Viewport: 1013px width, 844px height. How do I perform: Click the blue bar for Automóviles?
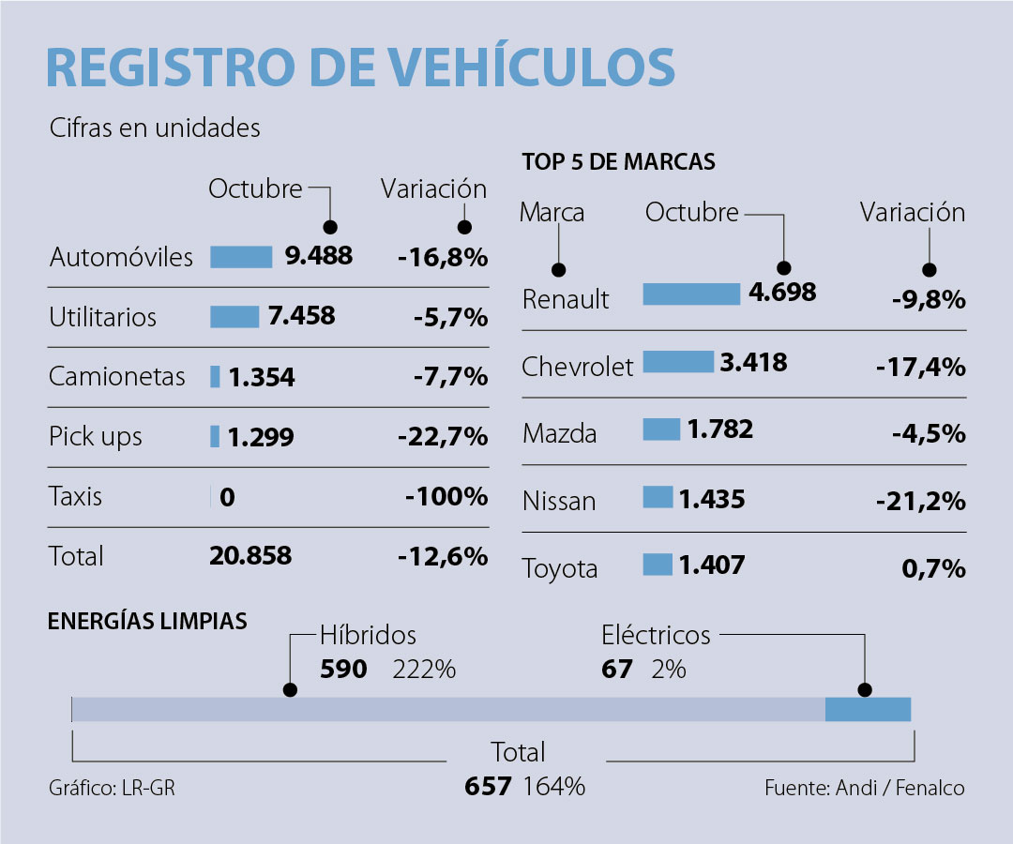point(241,257)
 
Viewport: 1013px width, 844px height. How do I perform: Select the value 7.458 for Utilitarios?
point(301,316)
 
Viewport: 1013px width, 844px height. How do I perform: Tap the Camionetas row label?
point(117,377)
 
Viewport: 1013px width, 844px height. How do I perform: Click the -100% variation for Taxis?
point(446,496)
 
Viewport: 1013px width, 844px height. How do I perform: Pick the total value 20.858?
point(249,556)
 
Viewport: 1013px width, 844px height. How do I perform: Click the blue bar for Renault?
point(691,294)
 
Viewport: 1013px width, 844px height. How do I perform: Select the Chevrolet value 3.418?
point(754,362)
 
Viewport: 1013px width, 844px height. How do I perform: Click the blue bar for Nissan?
point(658,497)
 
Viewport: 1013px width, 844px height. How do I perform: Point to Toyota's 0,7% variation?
point(935,568)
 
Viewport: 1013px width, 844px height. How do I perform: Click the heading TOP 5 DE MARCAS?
point(618,162)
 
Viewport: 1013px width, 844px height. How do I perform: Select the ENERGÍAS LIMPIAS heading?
point(148,621)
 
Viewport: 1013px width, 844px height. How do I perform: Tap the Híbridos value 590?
point(344,670)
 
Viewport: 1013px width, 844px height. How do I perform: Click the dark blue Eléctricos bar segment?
point(868,709)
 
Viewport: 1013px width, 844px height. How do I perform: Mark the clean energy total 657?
point(488,786)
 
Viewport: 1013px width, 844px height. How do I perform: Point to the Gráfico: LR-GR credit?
point(112,788)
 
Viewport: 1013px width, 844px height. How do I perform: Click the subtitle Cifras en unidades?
point(155,128)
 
